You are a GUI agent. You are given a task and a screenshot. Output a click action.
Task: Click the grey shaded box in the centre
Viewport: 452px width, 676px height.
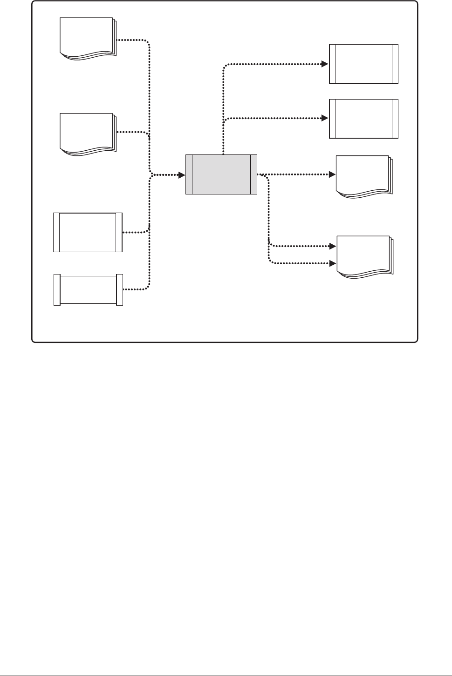pos(221,174)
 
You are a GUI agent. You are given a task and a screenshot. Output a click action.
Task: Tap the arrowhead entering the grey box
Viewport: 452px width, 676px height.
pos(182,175)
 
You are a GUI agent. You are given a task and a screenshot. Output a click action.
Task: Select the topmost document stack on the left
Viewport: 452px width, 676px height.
pos(87,38)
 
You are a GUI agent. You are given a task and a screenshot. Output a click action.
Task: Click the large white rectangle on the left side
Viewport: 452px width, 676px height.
pos(88,232)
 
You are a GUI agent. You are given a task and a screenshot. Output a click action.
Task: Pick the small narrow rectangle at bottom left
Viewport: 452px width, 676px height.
pos(88,290)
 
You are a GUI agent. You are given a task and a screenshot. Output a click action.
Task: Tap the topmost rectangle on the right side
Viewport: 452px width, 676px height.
pos(363,64)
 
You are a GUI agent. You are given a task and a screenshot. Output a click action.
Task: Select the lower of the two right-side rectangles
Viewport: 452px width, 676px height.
pos(363,119)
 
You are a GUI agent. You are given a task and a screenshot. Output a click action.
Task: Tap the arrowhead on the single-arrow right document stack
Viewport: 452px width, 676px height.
pos(333,174)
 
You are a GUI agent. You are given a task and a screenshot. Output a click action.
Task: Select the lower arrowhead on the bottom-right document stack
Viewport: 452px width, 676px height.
pos(333,263)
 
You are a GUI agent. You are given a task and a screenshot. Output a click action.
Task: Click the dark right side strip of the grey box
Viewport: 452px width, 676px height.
pos(253,174)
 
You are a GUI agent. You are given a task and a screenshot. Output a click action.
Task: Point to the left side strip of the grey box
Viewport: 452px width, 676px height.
pos(189,174)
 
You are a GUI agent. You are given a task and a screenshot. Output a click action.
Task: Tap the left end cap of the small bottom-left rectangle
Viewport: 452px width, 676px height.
pos(57,290)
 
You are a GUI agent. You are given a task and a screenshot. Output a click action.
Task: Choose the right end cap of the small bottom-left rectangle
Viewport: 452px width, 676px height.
pos(119,290)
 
